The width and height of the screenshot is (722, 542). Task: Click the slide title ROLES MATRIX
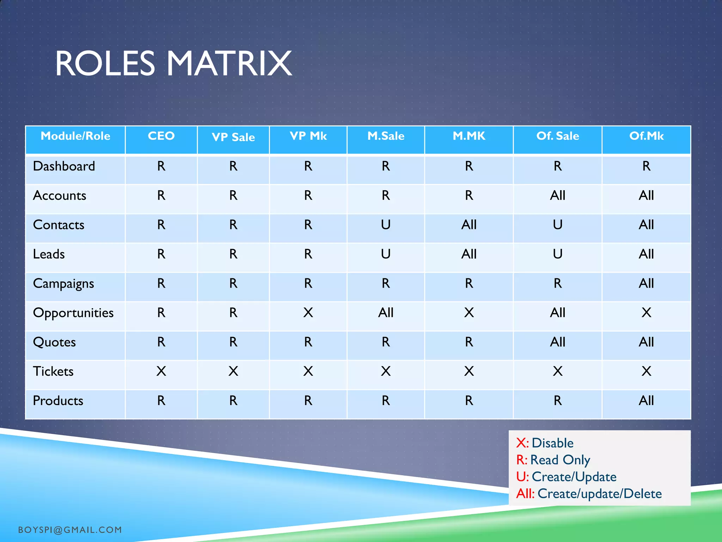(x=173, y=64)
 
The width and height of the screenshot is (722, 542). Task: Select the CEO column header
(x=161, y=136)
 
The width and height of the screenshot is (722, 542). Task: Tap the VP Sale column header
(x=233, y=137)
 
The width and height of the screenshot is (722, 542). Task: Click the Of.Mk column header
(x=646, y=136)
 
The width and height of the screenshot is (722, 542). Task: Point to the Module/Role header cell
(x=75, y=136)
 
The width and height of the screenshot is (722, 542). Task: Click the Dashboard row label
(x=64, y=166)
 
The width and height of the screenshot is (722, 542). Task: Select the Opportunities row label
(x=73, y=313)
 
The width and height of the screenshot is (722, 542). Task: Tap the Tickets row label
(x=53, y=371)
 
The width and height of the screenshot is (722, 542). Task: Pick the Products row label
(x=58, y=401)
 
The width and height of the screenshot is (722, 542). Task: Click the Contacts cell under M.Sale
(x=386, y=225)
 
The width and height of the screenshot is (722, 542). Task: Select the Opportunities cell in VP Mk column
(x=308, y=313)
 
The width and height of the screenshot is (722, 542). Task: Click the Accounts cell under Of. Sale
(x=557, y=195)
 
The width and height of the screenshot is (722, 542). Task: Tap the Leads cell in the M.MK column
(x=469, y=254)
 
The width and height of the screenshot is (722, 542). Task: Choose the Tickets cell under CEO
(x=161, y=371)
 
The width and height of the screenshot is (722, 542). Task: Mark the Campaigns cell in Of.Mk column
(x=646, y=283)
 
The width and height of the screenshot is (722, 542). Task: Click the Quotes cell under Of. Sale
(x=557, y=342)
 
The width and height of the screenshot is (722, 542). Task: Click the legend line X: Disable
(x=545, y=443)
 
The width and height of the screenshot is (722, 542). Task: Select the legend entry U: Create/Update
(x=566, y=477)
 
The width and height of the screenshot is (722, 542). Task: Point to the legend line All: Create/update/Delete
(x=589, y=494)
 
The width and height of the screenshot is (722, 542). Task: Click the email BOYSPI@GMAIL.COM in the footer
(x=70, y=530)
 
